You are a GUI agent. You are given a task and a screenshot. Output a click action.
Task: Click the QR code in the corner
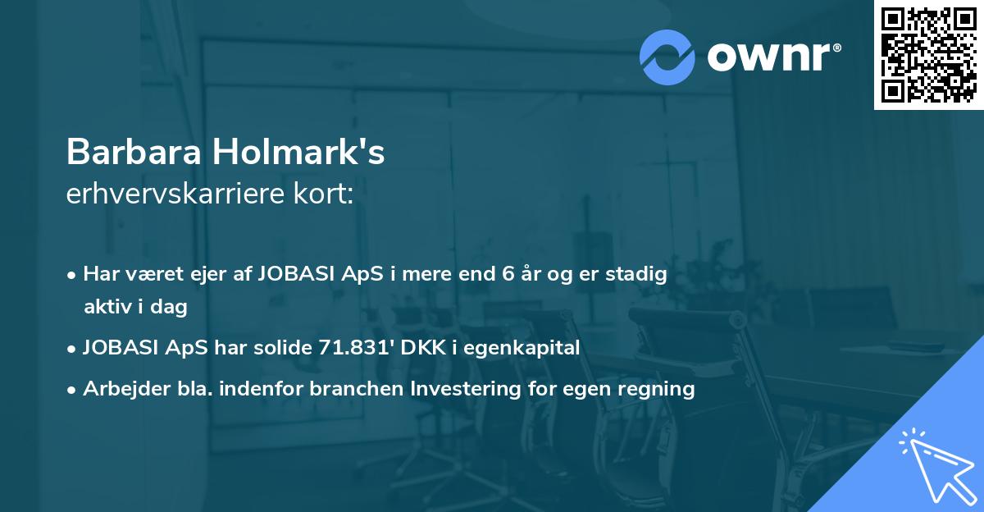pyautogui.click(x=929, y=55)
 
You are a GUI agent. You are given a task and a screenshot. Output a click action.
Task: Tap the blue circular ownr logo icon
pyautogui.click(x=667, y=57)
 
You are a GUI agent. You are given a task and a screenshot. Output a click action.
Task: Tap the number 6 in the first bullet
pyautogui.click(x=509, y=274)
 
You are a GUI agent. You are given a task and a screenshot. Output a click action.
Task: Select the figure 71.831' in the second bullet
pyautogui.click(x=350, y=348)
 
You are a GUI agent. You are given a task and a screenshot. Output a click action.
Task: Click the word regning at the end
pyautogui.click(x=658, y=389)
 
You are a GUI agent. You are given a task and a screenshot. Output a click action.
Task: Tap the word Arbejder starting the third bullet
pyautogui.click(x=122, y=389)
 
